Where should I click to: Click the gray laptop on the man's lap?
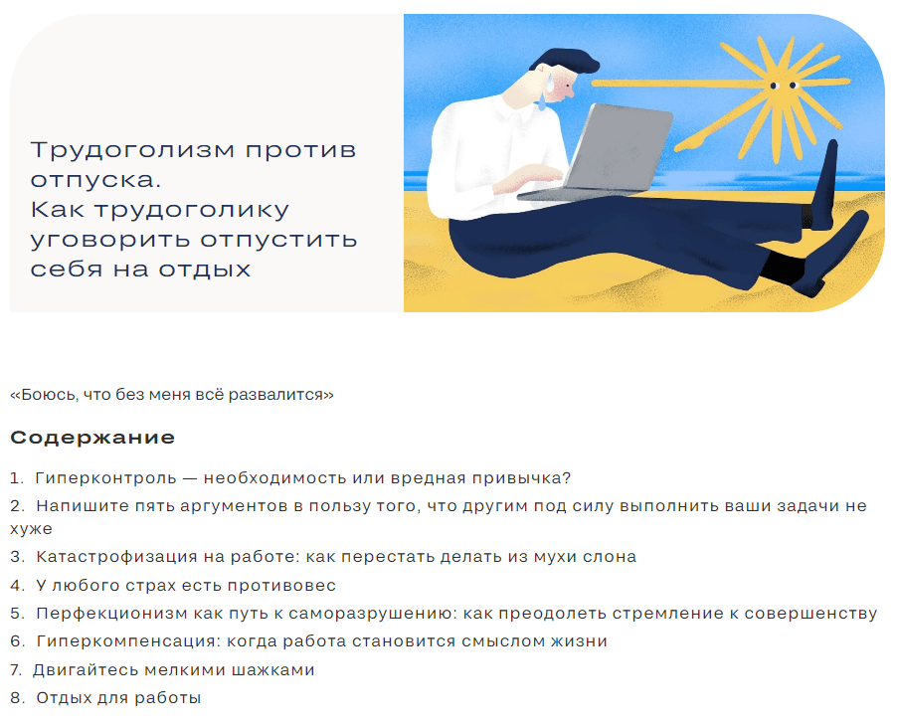coord(601,154)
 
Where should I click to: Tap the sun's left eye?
coord(774,86)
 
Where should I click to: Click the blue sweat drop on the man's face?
coord(548,84)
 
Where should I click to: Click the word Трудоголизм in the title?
coord(132,150)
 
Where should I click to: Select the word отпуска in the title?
coord(95,180)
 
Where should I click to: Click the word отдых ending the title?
coord(204,269)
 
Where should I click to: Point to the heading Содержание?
coord(92,438)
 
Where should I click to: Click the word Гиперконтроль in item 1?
coord(105,477)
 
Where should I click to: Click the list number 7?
coord(17,670)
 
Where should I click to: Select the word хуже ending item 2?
coord(31,529)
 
